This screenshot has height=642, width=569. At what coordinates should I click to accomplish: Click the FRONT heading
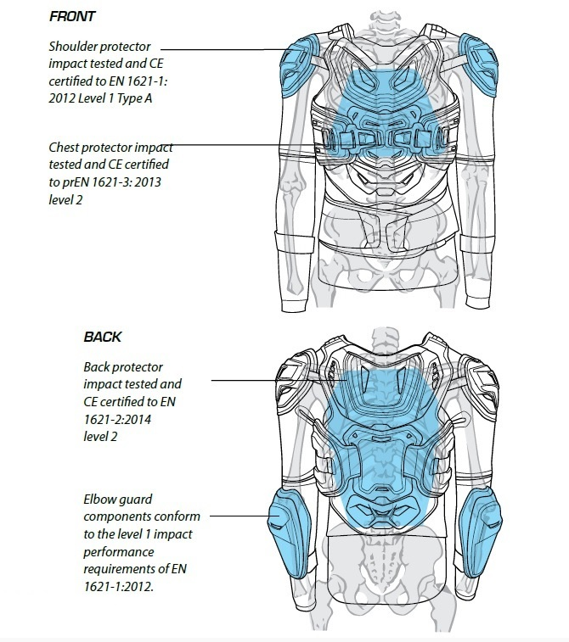[72, 16]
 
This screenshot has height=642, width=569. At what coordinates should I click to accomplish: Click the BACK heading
[103, 337]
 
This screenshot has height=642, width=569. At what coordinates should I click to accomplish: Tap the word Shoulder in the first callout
[73, 47]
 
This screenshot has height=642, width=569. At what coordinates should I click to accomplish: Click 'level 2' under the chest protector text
[65, 200]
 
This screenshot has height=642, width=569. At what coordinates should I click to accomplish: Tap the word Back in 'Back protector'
[95, 367]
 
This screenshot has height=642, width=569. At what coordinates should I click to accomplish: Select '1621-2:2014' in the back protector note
[117, 420]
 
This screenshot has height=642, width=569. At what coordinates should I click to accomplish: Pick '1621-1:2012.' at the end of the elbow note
[119, 587]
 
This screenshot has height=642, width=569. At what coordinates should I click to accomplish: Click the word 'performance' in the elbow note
[119, 552]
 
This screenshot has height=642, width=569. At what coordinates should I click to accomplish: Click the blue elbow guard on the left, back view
[287, 533]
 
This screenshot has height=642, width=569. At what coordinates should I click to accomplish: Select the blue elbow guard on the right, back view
[480, 533]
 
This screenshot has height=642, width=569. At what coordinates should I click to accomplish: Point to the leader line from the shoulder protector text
[223, 50]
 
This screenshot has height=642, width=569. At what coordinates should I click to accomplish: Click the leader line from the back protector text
[279, 381]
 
